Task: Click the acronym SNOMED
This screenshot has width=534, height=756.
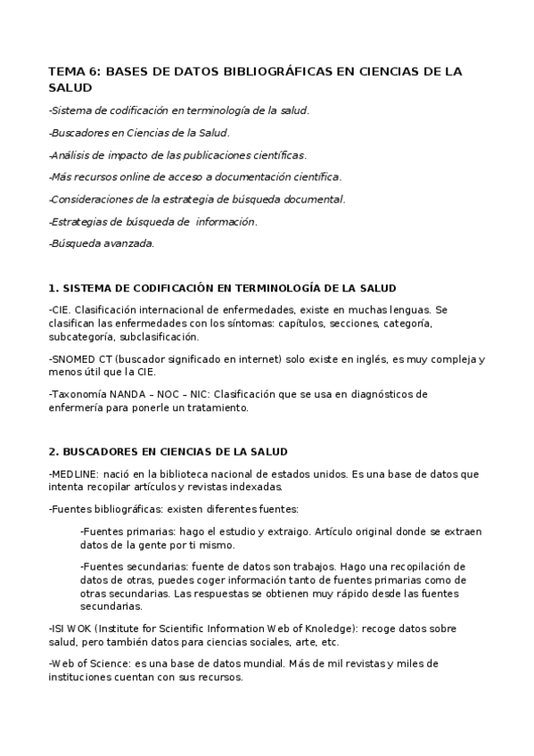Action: tap(72, 359)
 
